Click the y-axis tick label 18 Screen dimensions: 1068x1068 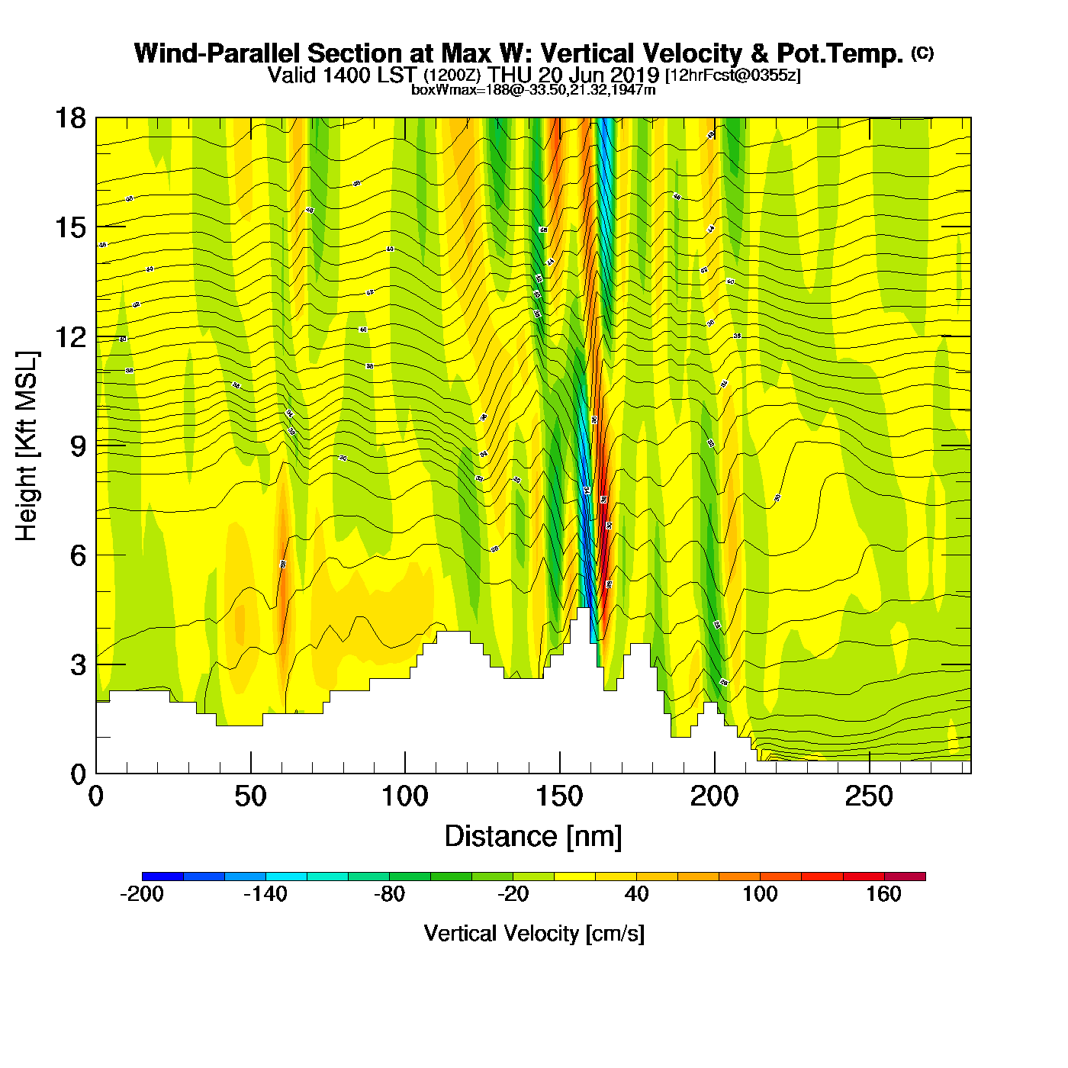(x=70, y=118)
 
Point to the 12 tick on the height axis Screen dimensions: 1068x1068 (x=70, y=336)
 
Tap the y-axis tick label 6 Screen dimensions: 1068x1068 (x=78, y=555)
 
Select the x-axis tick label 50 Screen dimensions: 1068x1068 (x=250, y=797)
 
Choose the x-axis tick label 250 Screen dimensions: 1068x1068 (x=868, y=797)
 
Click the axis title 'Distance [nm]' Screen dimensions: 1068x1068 (x=533, y=837)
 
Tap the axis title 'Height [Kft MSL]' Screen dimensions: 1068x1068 (x=27, y=446)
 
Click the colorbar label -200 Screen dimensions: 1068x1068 (x=142, y=894)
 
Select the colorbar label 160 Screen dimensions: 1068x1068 (x=883, y=894)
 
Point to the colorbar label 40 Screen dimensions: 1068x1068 (x=636, y=894)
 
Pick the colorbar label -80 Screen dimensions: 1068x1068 (x=389, y=894)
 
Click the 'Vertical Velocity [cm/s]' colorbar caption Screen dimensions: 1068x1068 (x=534, y=933)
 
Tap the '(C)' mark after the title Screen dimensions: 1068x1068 (x=922, y=53)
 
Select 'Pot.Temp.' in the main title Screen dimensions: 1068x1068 (x=840, y=53)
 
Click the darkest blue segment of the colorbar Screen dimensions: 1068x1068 (x=162, y=877)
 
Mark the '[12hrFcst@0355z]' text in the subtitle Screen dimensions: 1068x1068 (x=733, y=76)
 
